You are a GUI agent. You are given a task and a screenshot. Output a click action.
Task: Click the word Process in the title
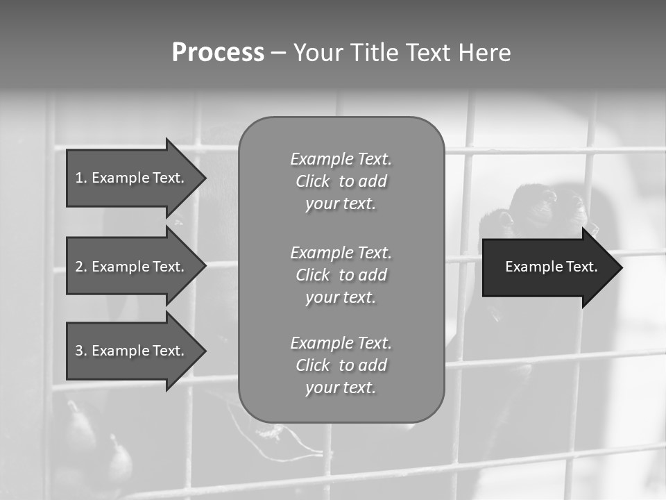[218, 53]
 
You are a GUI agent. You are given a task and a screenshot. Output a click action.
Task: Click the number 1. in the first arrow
[81, 178]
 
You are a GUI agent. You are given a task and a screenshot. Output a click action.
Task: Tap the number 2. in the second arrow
[81, 267]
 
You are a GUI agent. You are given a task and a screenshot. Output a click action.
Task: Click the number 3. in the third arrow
[81, 351]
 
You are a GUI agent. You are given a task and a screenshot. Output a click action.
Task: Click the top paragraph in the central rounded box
[341, 181]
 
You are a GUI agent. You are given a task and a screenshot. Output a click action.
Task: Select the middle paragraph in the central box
[341, 275]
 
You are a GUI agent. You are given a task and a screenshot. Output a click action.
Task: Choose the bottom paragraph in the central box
[341, 365]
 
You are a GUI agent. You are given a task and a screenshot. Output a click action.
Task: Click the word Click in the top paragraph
[313, 181]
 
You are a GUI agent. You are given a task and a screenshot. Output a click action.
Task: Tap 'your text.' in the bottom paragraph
[341, 387]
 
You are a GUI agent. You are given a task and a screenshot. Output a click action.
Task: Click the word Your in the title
[319, 53]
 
